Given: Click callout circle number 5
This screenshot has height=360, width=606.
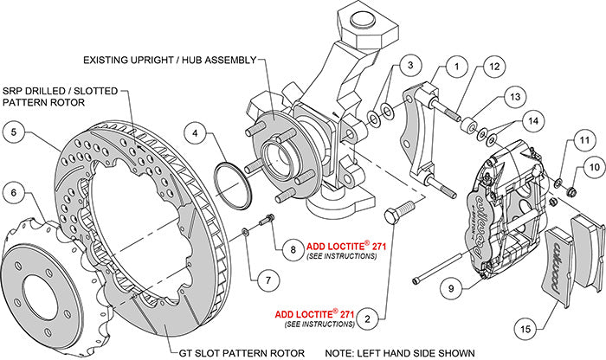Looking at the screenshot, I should [15, 132].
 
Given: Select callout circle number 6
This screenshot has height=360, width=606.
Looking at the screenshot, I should [15, 192].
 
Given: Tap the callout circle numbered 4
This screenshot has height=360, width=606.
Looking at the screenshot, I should [198, 134].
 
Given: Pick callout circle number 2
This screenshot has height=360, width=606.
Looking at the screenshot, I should [370, 318].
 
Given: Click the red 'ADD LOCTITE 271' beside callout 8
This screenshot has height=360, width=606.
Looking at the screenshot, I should [346, 222].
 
